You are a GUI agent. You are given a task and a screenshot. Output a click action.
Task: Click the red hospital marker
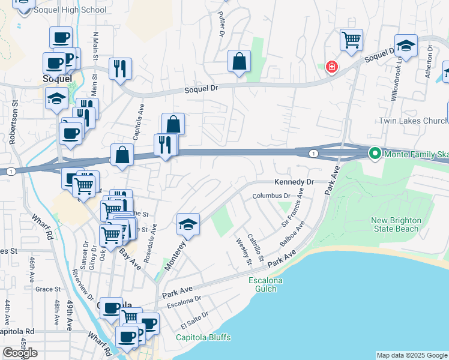coord(331,67)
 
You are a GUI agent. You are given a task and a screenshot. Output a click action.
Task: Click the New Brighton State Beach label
coord(396,224)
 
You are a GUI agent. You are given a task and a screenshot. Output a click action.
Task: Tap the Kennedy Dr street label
coord(294,182)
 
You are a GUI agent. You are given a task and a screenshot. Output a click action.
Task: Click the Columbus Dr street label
coord(271,196)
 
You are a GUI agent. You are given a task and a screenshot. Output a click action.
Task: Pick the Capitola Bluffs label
coord(203,337)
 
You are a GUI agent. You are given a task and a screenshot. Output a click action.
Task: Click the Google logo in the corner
coord(20,353)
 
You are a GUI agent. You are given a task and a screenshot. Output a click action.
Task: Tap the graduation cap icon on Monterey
coord(188,224)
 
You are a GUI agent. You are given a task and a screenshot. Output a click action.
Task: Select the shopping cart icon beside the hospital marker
coord(351,40)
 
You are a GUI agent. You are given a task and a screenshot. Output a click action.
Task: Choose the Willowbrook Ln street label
coord(395,83)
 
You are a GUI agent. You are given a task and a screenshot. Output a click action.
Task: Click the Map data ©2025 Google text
coord(412,355)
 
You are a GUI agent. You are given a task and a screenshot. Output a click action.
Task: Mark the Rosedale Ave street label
coord(154,238)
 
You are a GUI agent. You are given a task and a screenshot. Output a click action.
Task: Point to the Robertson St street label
coord(12,125)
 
